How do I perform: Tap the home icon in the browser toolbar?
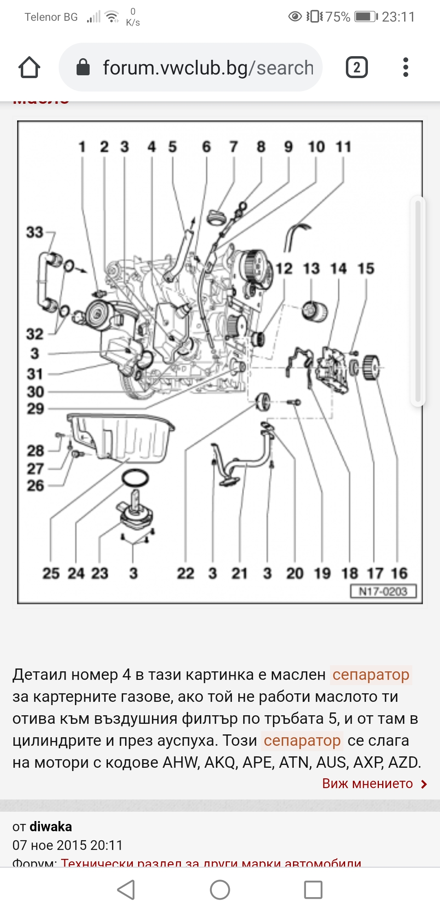29,68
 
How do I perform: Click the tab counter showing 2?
356,68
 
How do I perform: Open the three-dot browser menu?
405,68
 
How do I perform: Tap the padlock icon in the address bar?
83,68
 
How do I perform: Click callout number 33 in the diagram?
35,233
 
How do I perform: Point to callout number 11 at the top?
343,147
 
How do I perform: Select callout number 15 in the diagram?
366,269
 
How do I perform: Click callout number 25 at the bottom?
51,573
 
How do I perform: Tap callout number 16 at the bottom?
399,573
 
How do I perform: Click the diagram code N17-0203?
383,591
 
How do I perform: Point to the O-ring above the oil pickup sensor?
135,478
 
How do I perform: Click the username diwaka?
51,827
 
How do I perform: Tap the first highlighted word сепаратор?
371,675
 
